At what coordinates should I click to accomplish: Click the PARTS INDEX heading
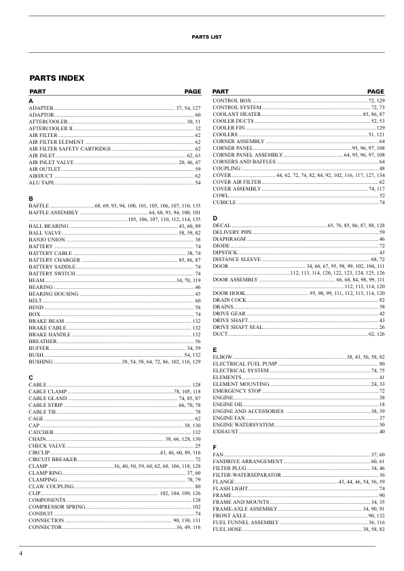tap(56, 78)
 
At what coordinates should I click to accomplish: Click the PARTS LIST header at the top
tap(202, 37)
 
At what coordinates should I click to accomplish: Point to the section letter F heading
tap(215, 447)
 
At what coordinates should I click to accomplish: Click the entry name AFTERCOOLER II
tap(50, 127)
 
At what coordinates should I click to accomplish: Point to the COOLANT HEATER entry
tap(237, 114)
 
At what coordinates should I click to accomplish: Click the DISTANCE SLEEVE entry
tap(237, 259)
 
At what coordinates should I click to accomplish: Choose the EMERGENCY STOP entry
tap(237, 391)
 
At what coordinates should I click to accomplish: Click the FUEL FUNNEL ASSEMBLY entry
tap(245, 522)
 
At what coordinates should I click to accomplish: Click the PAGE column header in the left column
tap(192, 91)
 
